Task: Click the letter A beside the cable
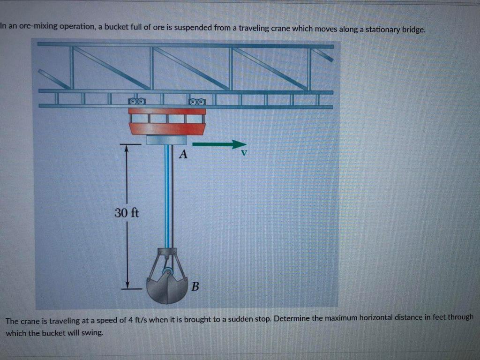[183, 154]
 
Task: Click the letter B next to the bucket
[195, 286]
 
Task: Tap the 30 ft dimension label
[127, 213]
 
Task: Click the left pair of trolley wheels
[137, 101]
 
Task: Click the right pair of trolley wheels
[196, 101]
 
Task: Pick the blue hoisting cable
[166, 197]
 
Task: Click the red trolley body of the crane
[167, 128]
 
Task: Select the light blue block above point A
[166, 140]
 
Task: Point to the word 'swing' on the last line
[91, 333]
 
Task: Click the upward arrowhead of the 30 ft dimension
[126, 148]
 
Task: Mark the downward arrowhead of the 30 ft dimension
[126, 285]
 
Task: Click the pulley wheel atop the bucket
[166, 271]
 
